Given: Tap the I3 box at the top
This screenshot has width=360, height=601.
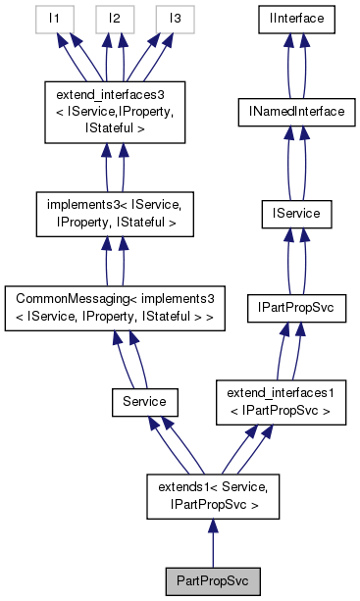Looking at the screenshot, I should (175, 19).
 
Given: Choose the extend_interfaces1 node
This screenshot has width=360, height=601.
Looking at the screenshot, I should (281, 402).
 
